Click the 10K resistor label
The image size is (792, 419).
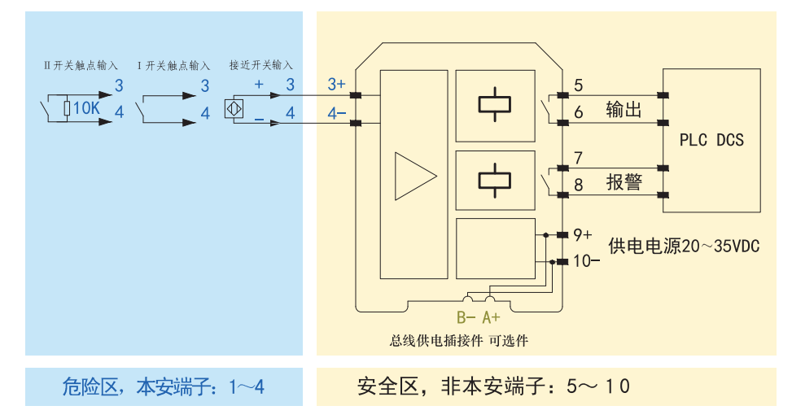[86, 108]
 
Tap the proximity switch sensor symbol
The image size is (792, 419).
[234, 108]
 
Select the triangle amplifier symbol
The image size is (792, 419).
[416, 177]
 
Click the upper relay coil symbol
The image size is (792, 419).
[495, 105]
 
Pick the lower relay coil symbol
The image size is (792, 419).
[495, 181]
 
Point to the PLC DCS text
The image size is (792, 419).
[711, 140]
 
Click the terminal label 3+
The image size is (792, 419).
[336, 84]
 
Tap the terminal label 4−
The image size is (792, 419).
[336, 113]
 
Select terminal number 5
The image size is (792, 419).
[579, 85]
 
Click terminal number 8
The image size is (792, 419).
[579, 185]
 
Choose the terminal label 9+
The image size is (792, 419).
[582, 235]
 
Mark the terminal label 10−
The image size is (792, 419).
[586, 261]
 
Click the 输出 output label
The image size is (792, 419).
[624, 110]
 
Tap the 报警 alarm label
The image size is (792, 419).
[624, 181]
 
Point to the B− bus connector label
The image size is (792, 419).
[466, 317]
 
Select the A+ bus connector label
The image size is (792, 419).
[491, 317]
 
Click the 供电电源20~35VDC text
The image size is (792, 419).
[684, 246]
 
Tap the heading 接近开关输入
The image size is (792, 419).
[260, 65]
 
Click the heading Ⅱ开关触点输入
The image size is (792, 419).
[81, 66]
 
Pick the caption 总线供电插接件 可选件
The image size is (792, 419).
[458, 341]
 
